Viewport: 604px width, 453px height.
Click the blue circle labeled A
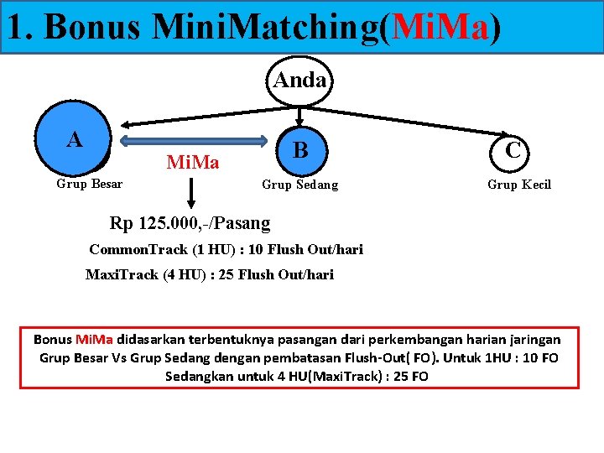[74, 139]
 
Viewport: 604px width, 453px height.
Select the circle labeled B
[300, 150]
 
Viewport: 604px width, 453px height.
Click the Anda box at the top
[300, 81]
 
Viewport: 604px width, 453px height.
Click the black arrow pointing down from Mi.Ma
[192, 191]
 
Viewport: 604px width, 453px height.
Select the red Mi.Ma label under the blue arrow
[193, 162]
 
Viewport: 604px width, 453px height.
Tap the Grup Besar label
[89, 184]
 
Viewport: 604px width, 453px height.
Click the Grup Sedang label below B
[300, 185]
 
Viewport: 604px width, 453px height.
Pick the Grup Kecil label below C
[519, 185]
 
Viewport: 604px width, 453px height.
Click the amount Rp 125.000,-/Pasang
[190, 223]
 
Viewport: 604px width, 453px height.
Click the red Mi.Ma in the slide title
[440, 28]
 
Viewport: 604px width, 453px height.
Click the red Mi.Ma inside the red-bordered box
[95, 340]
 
